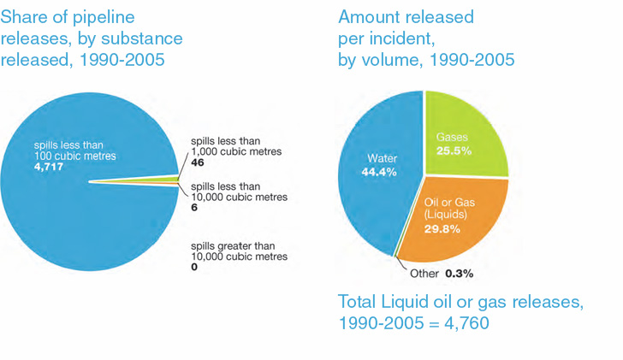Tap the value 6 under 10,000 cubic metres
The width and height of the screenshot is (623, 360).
pyautogui.click(x=193, y=208)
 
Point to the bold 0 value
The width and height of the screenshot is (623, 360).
pyautogui.click(x=193, y=268)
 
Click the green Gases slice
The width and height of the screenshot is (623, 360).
pyautogui.click(x=466, y=137)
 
